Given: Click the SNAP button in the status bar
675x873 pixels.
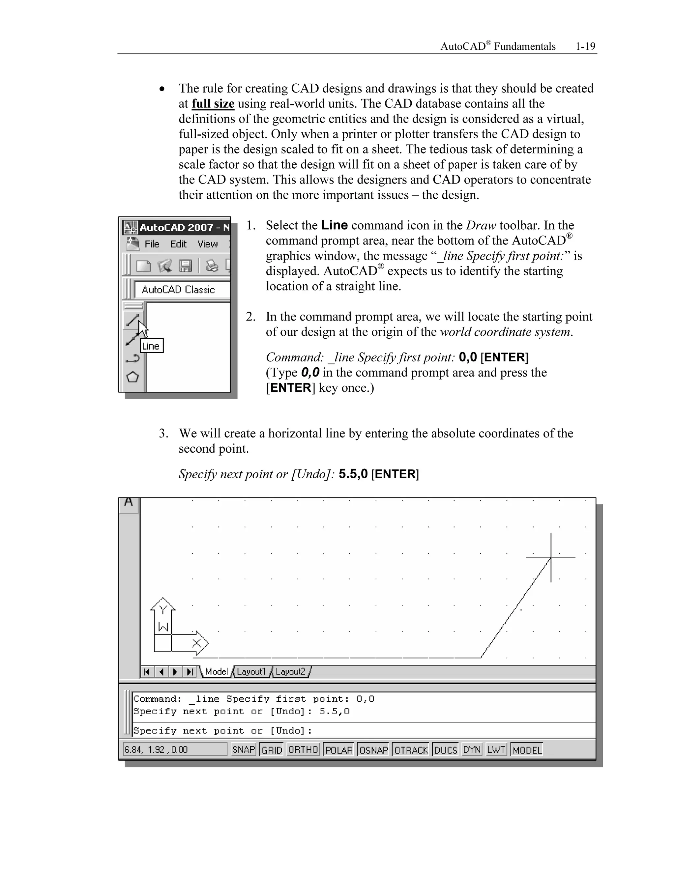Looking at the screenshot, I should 243,749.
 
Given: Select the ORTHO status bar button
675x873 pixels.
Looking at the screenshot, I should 303,749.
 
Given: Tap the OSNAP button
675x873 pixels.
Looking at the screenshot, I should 373,750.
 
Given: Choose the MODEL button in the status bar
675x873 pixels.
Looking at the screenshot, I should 527,750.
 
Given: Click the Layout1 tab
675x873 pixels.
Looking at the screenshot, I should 251,671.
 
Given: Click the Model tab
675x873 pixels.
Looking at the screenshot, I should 216,671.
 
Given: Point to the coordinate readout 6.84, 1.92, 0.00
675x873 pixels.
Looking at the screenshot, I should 156,749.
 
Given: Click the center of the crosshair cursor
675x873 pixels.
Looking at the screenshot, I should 551,557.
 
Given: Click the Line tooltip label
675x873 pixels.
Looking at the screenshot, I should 151,346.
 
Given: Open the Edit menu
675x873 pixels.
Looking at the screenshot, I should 178,244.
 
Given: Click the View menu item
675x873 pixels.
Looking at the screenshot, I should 208,244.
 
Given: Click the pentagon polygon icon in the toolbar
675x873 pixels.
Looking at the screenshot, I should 132,377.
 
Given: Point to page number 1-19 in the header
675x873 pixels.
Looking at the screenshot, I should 585,47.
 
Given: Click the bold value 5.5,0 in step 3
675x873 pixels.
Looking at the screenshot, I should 353,474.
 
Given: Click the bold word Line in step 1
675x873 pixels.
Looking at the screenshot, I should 334,225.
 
